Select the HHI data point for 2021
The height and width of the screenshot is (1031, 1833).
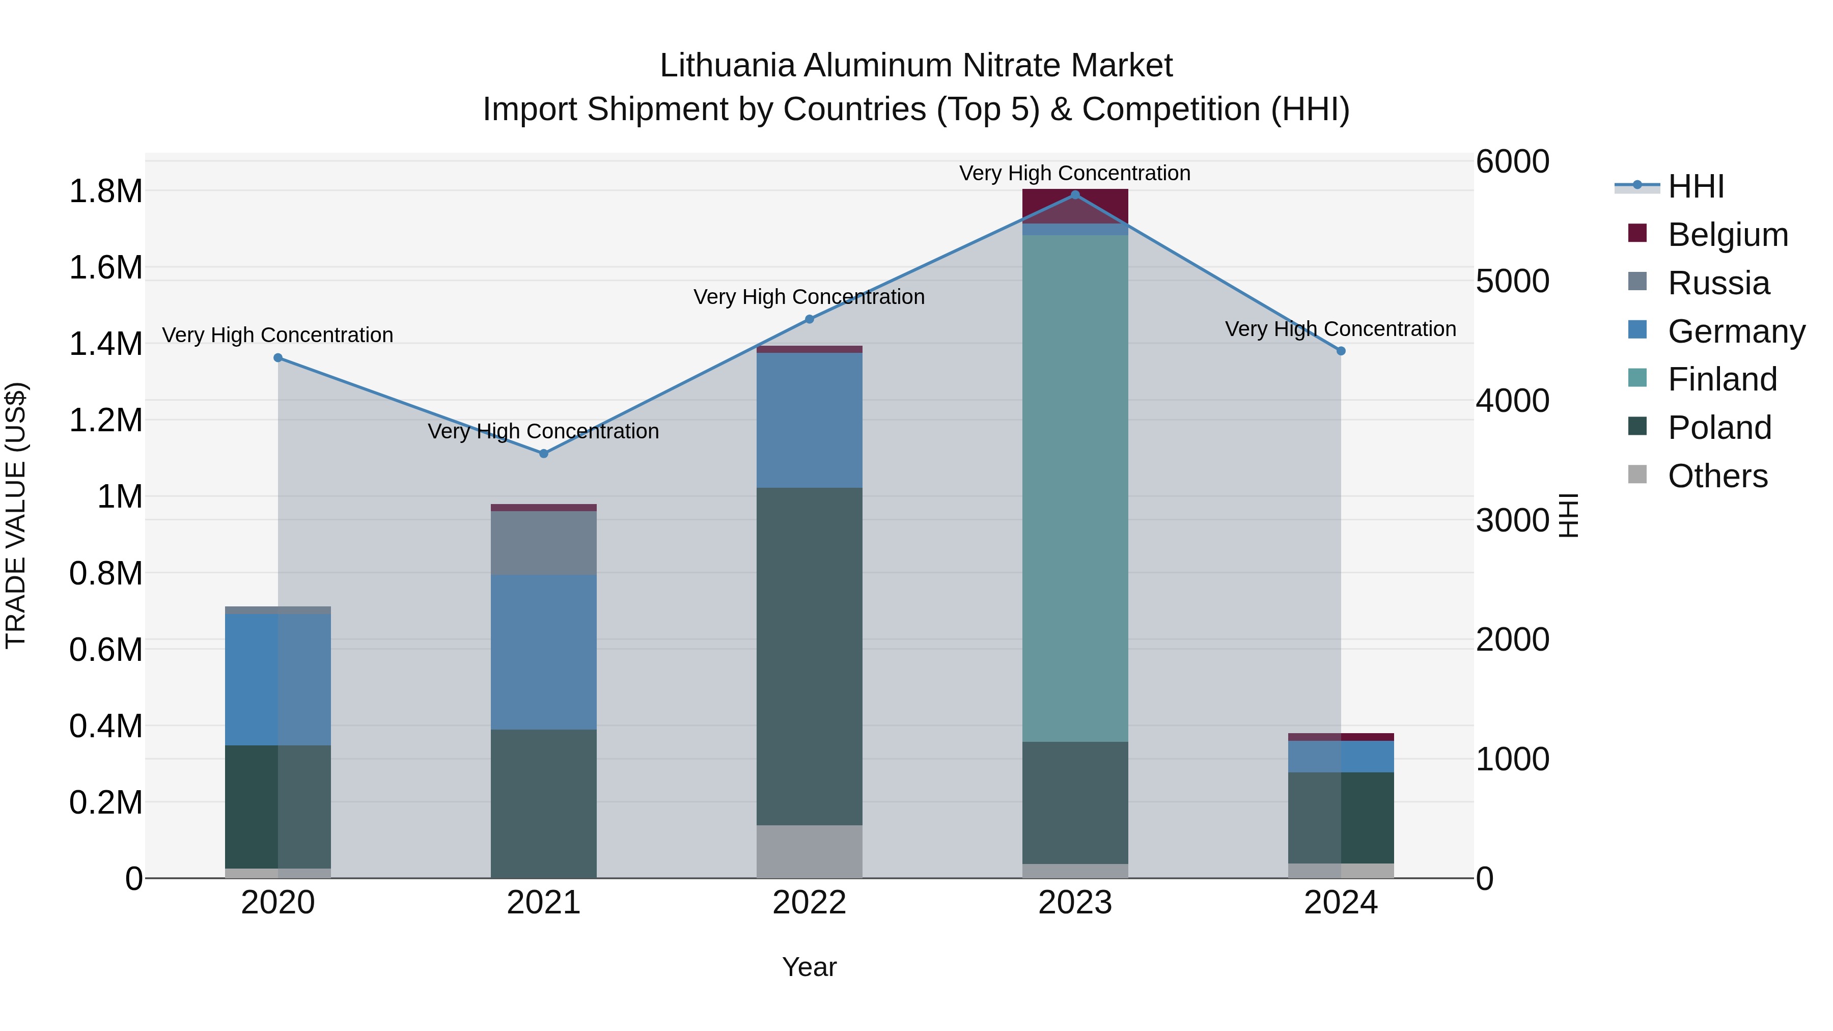click(x=544, y=453)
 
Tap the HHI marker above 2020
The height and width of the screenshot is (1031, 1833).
click(x=278, y=358)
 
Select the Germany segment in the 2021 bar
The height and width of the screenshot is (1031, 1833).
click(x=544, y=651)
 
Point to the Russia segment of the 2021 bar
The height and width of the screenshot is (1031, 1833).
click(x=544, y=542)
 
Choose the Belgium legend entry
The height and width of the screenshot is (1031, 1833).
click(x=1727, y=235)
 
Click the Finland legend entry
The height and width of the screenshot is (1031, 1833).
click(x=1722, y=379)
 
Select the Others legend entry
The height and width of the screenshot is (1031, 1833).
click(x=1717, y=476)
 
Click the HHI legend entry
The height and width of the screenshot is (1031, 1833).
click(x=1696, y=186)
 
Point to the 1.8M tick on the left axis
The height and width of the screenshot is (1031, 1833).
click(x=105, y=191)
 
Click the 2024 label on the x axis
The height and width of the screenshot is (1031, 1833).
click(x=1341, y=903)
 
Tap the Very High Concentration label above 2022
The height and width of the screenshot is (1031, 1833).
click(x=809, y=297)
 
